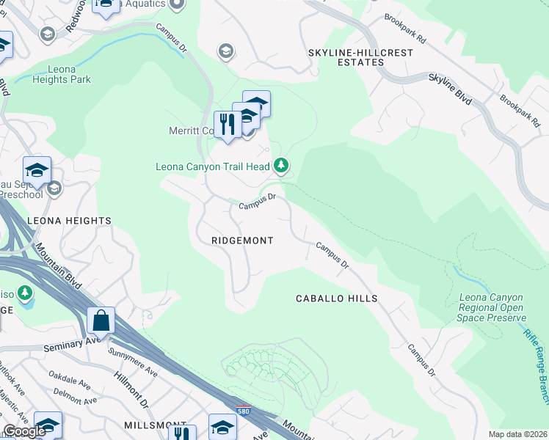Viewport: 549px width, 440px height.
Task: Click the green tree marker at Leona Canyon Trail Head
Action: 280,166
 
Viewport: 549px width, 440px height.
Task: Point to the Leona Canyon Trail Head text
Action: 213,166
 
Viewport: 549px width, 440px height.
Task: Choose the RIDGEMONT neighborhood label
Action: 242,241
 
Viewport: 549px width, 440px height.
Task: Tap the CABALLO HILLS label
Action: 336,298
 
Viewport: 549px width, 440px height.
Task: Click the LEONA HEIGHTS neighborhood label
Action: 69,220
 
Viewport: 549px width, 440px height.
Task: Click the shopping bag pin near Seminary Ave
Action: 101,321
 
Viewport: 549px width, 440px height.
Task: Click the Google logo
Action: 24,431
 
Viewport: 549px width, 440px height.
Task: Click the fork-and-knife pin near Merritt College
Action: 227,125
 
